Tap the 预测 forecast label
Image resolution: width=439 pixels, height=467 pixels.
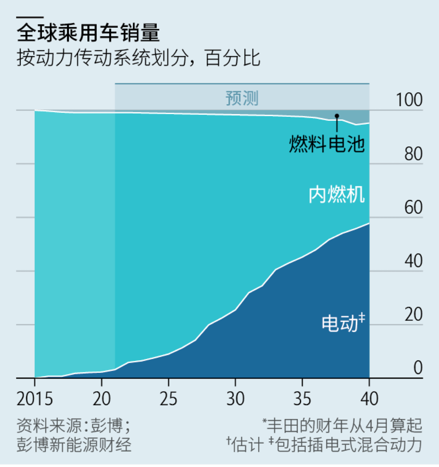(x=242, y=98)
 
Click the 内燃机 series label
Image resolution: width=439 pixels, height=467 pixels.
(x=337, y=195)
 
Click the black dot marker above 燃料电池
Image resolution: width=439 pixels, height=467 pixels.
(x=337, y=116)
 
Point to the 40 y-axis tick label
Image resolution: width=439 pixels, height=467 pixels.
(x=413, y=261)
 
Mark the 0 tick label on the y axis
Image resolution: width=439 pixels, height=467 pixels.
(x=418, y=368)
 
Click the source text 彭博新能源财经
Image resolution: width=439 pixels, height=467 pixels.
(x=74, y=445)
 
